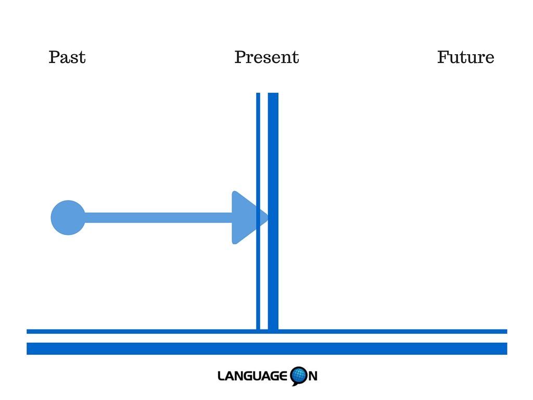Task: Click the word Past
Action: coord(67,57)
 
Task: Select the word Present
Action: coord(266,57)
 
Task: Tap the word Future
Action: coord(465,57)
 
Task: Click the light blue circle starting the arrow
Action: coord(68,218)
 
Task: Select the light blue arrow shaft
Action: coord(158,218)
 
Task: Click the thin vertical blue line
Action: coord(258,211)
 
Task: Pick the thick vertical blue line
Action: coord(273,211)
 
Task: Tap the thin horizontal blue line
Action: coord(267,331)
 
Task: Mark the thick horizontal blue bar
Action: coord(267,348)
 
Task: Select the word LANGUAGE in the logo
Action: coord(252,376)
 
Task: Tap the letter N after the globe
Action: coord(313,376)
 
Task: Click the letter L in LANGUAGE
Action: coord(221,376)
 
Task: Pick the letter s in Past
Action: coord(73,59)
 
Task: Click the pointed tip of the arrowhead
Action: coord(268,218)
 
